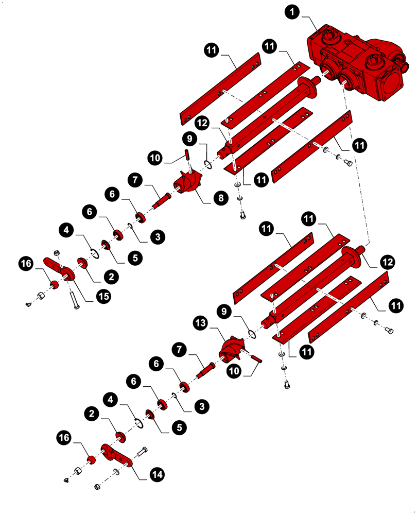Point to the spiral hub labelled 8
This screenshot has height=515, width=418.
coord(188,184)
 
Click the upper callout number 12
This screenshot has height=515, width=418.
coord(202,124)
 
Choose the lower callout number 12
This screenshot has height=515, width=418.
coord(388,263)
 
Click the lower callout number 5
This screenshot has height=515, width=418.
coord(179,427)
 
